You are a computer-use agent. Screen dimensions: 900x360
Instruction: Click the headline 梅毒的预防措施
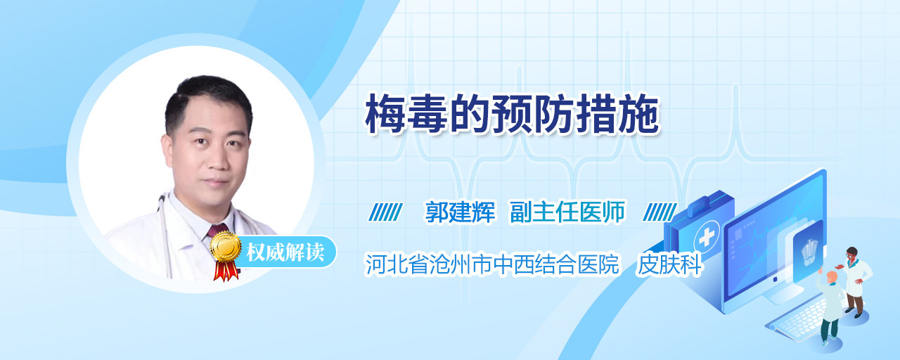[513, 114]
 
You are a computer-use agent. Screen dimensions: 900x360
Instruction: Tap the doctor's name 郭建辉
[460, 212]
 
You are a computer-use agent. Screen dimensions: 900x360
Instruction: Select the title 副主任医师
[567, 212]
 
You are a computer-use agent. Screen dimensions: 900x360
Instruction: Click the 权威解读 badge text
[285, 252]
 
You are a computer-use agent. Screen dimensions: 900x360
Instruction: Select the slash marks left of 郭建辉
[386, 212]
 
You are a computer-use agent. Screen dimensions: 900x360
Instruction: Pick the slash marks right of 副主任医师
[660, 212]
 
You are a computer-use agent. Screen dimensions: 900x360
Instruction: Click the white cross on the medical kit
[707, 238]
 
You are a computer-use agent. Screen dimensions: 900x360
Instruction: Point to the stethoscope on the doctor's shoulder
[165, 233]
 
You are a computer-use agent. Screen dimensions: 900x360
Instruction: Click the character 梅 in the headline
[385, 114]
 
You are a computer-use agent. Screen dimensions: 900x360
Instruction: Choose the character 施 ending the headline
[640, 114]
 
